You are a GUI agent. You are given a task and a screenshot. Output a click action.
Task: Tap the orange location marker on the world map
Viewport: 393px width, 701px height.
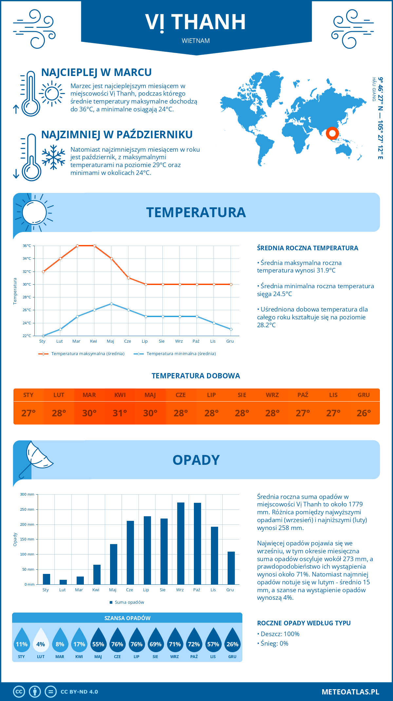(332, 133)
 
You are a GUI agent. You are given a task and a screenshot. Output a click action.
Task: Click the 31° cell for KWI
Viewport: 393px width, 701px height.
(120, 413)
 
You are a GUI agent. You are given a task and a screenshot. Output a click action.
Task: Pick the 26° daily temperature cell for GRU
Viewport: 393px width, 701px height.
(364, 413)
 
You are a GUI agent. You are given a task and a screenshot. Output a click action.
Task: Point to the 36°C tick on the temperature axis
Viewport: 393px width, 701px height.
(27, 246)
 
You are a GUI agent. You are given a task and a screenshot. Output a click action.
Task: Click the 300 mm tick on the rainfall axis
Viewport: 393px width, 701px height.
(27, 494)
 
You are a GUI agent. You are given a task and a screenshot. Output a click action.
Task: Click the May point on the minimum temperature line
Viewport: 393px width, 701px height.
(111, 304)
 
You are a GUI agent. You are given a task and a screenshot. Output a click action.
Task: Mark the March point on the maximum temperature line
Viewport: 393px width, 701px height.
(77, 246)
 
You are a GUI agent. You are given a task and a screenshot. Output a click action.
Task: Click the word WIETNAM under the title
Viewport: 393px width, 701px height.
(196, 41)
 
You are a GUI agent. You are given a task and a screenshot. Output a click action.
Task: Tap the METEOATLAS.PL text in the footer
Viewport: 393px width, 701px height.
(350, 692)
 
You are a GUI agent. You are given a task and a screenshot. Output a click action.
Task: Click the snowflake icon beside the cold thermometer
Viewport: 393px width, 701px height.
(53, 157)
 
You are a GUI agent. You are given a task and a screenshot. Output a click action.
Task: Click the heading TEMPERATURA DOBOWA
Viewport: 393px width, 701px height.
(196, 376)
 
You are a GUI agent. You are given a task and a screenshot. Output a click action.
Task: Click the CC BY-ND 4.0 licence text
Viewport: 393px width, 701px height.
(79, 692)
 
